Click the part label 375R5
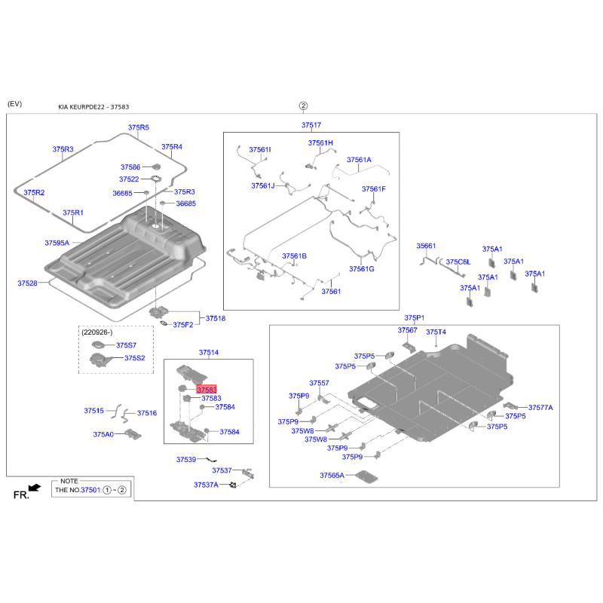click(x=138, y=128)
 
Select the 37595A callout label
click(x=57, y=243)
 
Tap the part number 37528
click(x=27, y=283)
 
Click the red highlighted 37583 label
click(x=206, y=390)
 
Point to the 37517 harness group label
click(x=311, y=125)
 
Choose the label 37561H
click(x=320, y=142)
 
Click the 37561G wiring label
click(x=362, y=269)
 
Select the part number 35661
click(x=427, y=246)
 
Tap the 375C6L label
click(x=458, y=262)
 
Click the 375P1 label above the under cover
click(x=415, y=318)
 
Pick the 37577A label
click(x=540, y=407)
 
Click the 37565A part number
click(x=332, y=476)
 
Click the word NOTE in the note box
click(x=69, y=480)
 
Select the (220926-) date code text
click(x=98, y=332)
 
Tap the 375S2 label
click(x=134, y=358)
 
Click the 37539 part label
click(x=186, y=459)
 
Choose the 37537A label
click(x=206, y=485)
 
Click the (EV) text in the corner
click(x=14, y=103)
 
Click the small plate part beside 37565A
click(x=367, y=477)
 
